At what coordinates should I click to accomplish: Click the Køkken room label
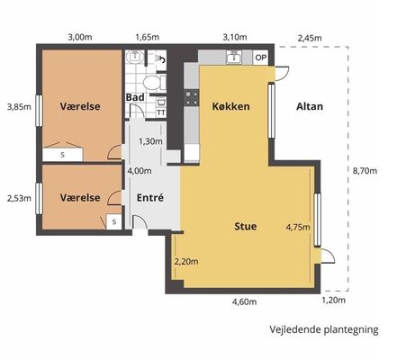[x=230, y=106]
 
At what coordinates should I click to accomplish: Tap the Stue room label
[x=246, y=226]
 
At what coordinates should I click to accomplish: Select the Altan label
[x=310, y=106]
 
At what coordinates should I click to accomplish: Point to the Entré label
[x=150, y=197]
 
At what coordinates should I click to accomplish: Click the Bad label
[x=135, y=97]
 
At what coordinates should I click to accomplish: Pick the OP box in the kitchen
[x=260, y=58]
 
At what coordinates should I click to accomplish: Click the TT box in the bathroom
[x=161, y=112]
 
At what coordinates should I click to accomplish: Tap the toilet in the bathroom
[x=153, y=82]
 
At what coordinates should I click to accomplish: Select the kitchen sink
[x=234, y=57]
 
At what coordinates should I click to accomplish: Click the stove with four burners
[x=192, y=98]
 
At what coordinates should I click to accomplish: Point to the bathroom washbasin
[x=135, y=57]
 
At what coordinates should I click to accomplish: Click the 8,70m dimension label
[x=365, y=171]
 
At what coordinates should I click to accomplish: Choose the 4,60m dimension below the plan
[x=244, y=301]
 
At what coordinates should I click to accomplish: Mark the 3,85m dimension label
[x=19, y=107]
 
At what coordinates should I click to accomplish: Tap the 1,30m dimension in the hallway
[x=150, y=141]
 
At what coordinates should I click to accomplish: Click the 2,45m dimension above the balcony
[x=310, y=38]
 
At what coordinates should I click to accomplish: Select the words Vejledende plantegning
[x=324, y=329]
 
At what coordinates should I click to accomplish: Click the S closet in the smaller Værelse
[x=114, y=222]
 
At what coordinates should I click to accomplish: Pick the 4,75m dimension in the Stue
[x=298, y=227]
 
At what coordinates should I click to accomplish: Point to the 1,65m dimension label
[x=148, y=38]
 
